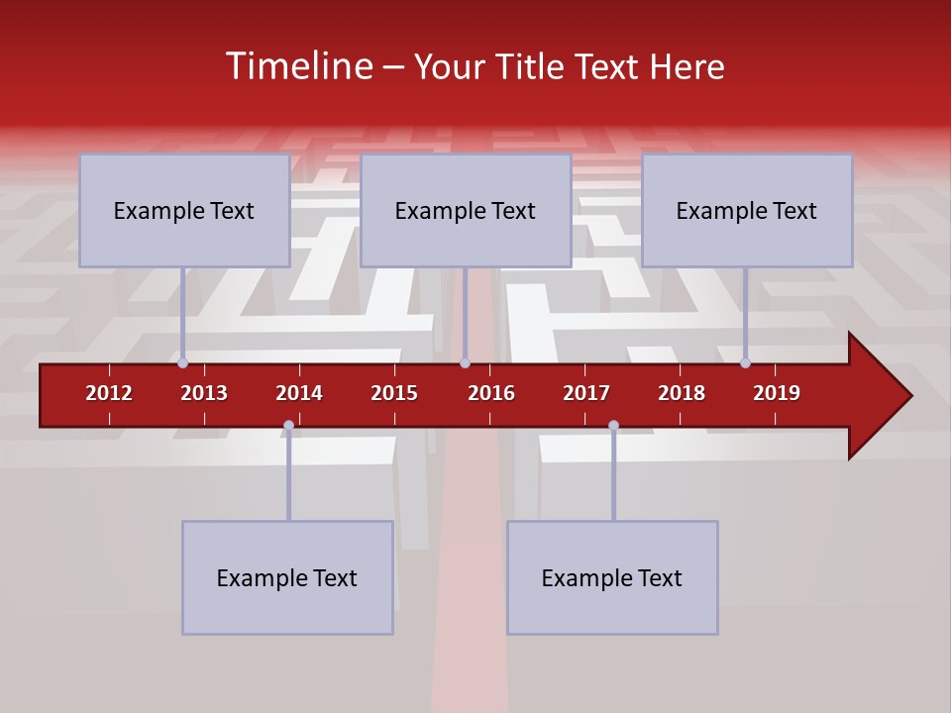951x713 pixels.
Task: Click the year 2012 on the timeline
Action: coord(109,393)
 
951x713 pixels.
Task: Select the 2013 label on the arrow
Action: coord(204,393)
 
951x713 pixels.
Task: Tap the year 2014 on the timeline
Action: coord(299,393)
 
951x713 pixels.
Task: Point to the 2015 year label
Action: coord(394,393)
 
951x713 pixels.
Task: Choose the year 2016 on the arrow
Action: coord(491,393)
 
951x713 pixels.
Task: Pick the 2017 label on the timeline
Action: coord(586,393)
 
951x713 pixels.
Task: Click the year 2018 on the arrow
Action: coord(682,393)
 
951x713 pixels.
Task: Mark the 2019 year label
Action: coord(777,393)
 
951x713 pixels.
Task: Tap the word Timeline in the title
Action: coord(296,66)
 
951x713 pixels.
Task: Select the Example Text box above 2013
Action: coord(184,211)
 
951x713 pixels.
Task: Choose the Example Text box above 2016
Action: coord(466,211)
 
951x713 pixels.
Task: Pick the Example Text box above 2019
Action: coord(747,211)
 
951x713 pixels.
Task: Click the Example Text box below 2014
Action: coord(287,578)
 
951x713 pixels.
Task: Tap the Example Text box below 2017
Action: coord(612,578)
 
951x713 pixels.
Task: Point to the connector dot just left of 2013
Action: coord(182,362)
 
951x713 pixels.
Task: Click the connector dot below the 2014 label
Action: coord(288,426)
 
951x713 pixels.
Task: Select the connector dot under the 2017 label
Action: coord(613,426)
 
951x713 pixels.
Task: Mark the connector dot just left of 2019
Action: coord(745,362)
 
